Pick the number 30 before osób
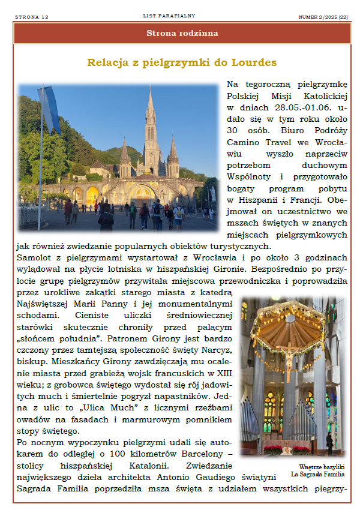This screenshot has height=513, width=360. (x=234, y=130)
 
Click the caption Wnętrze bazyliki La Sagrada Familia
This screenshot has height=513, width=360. (x=316, y=470)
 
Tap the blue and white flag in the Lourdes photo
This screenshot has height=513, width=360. (x=50, y=111)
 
